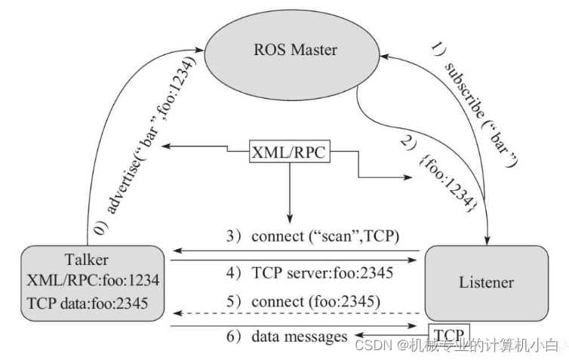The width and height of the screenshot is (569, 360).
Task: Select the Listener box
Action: [486, 283]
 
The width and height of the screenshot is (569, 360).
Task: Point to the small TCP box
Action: [450, 333]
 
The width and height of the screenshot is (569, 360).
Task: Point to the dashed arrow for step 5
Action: [294, 312]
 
